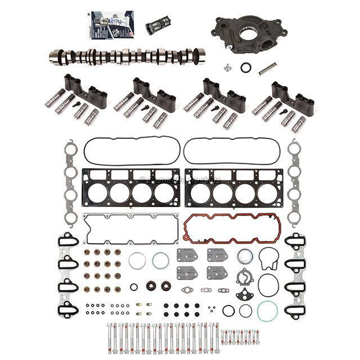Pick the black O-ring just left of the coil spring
[246, 67]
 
